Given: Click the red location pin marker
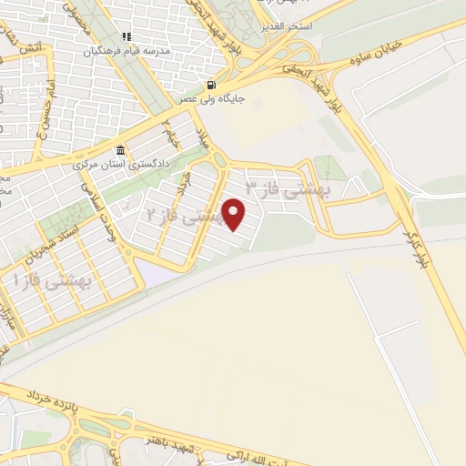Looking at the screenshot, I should tap(235, 215).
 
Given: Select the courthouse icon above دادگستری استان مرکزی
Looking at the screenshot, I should tap(119, 151).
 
